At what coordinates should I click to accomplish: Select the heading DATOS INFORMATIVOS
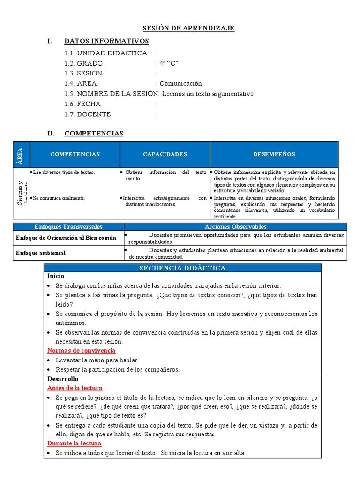point(106,41)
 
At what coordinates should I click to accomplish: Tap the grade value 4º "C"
point(169,63)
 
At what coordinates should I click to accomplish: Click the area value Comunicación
point(180,83)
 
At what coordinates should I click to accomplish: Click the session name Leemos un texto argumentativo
point(207,94)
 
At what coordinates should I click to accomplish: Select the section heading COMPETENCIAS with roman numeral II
point(94,134)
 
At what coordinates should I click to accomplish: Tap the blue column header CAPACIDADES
point(165,154)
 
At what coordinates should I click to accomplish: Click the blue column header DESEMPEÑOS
point(274,154)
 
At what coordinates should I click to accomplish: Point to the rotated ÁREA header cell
point(21,154)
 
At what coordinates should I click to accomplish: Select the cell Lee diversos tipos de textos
point(64,172)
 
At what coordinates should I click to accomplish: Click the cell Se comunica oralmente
point(59,198)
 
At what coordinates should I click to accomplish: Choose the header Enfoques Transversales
point(68,227)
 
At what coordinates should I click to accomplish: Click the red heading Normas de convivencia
point(82,351)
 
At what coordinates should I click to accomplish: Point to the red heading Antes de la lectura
point(75,388)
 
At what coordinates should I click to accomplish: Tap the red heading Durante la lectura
point(75,443)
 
